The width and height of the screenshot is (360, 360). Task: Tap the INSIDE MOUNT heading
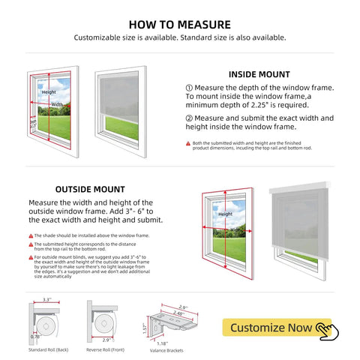pyautogui.click(x=259, y=74)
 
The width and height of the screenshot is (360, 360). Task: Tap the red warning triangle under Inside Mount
pyautogui.click(x=188, y=142)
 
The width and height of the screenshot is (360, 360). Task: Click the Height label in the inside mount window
pyautogui.click(x=49, y=92)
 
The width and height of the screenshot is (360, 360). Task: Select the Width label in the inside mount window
pyautogui.click(x=57, y=104)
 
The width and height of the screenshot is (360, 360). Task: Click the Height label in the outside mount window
pyautogui.click(x=225, y=214)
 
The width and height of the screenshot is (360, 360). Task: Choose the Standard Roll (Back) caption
pyautogui.click(x=49, y=350)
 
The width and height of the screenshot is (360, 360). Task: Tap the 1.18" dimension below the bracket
pyautogui.click(x=163, y=343)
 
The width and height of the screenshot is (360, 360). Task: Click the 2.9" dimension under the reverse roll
pyautogui.click(x=106, y=340)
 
